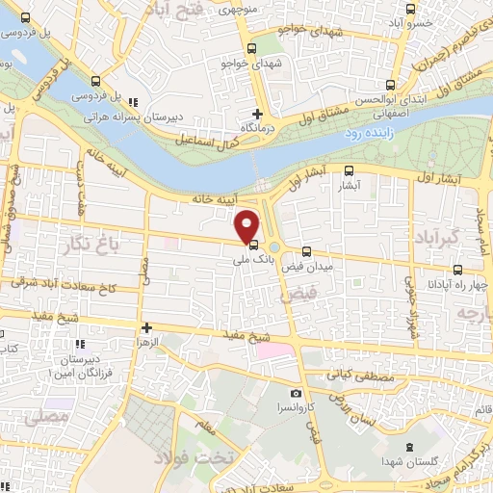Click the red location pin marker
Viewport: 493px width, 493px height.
[x=248, y=225]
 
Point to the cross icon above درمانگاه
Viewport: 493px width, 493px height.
[x=257, y=114]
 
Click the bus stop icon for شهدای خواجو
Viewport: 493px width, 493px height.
[x=251, y=49]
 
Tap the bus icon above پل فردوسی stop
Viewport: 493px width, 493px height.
[x=95, y=83]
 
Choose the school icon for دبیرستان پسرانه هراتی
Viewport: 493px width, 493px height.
[x=134, y=101]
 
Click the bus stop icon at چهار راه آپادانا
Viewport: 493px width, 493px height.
[x=456, y=271]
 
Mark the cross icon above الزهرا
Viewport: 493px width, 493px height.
[x=146, y=328]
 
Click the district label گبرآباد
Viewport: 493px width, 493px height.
[x=439, y=236]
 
